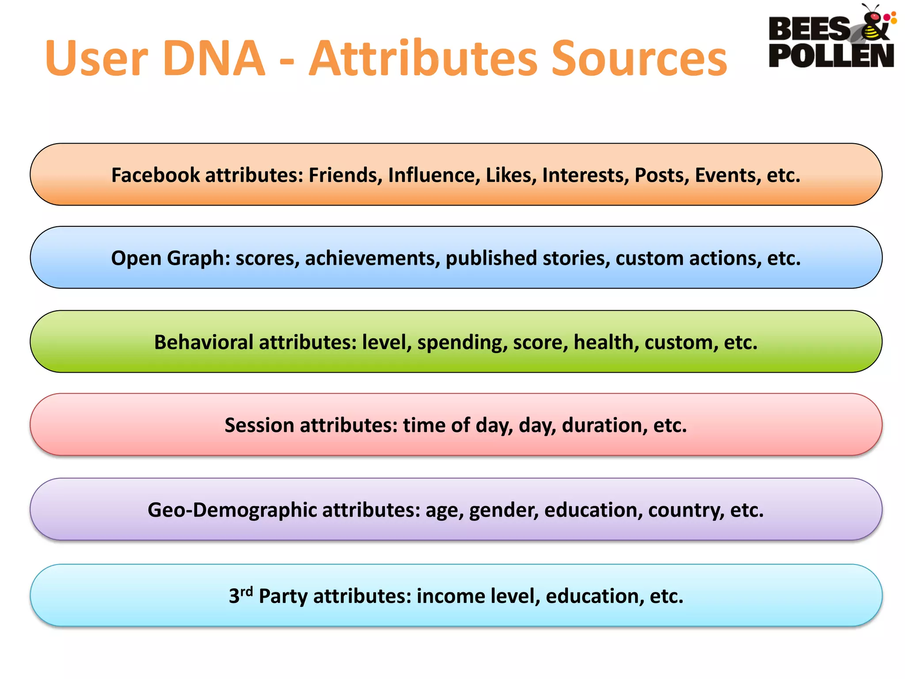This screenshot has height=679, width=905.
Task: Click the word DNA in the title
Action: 214,59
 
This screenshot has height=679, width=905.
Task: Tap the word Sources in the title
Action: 639,59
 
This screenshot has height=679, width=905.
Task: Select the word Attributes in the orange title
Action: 423,59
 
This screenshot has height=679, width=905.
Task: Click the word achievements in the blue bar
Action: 372,258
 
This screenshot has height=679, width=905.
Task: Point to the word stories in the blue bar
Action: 576,258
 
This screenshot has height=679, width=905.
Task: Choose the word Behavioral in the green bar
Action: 204,342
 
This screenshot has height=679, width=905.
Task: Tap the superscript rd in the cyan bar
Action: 247,591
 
